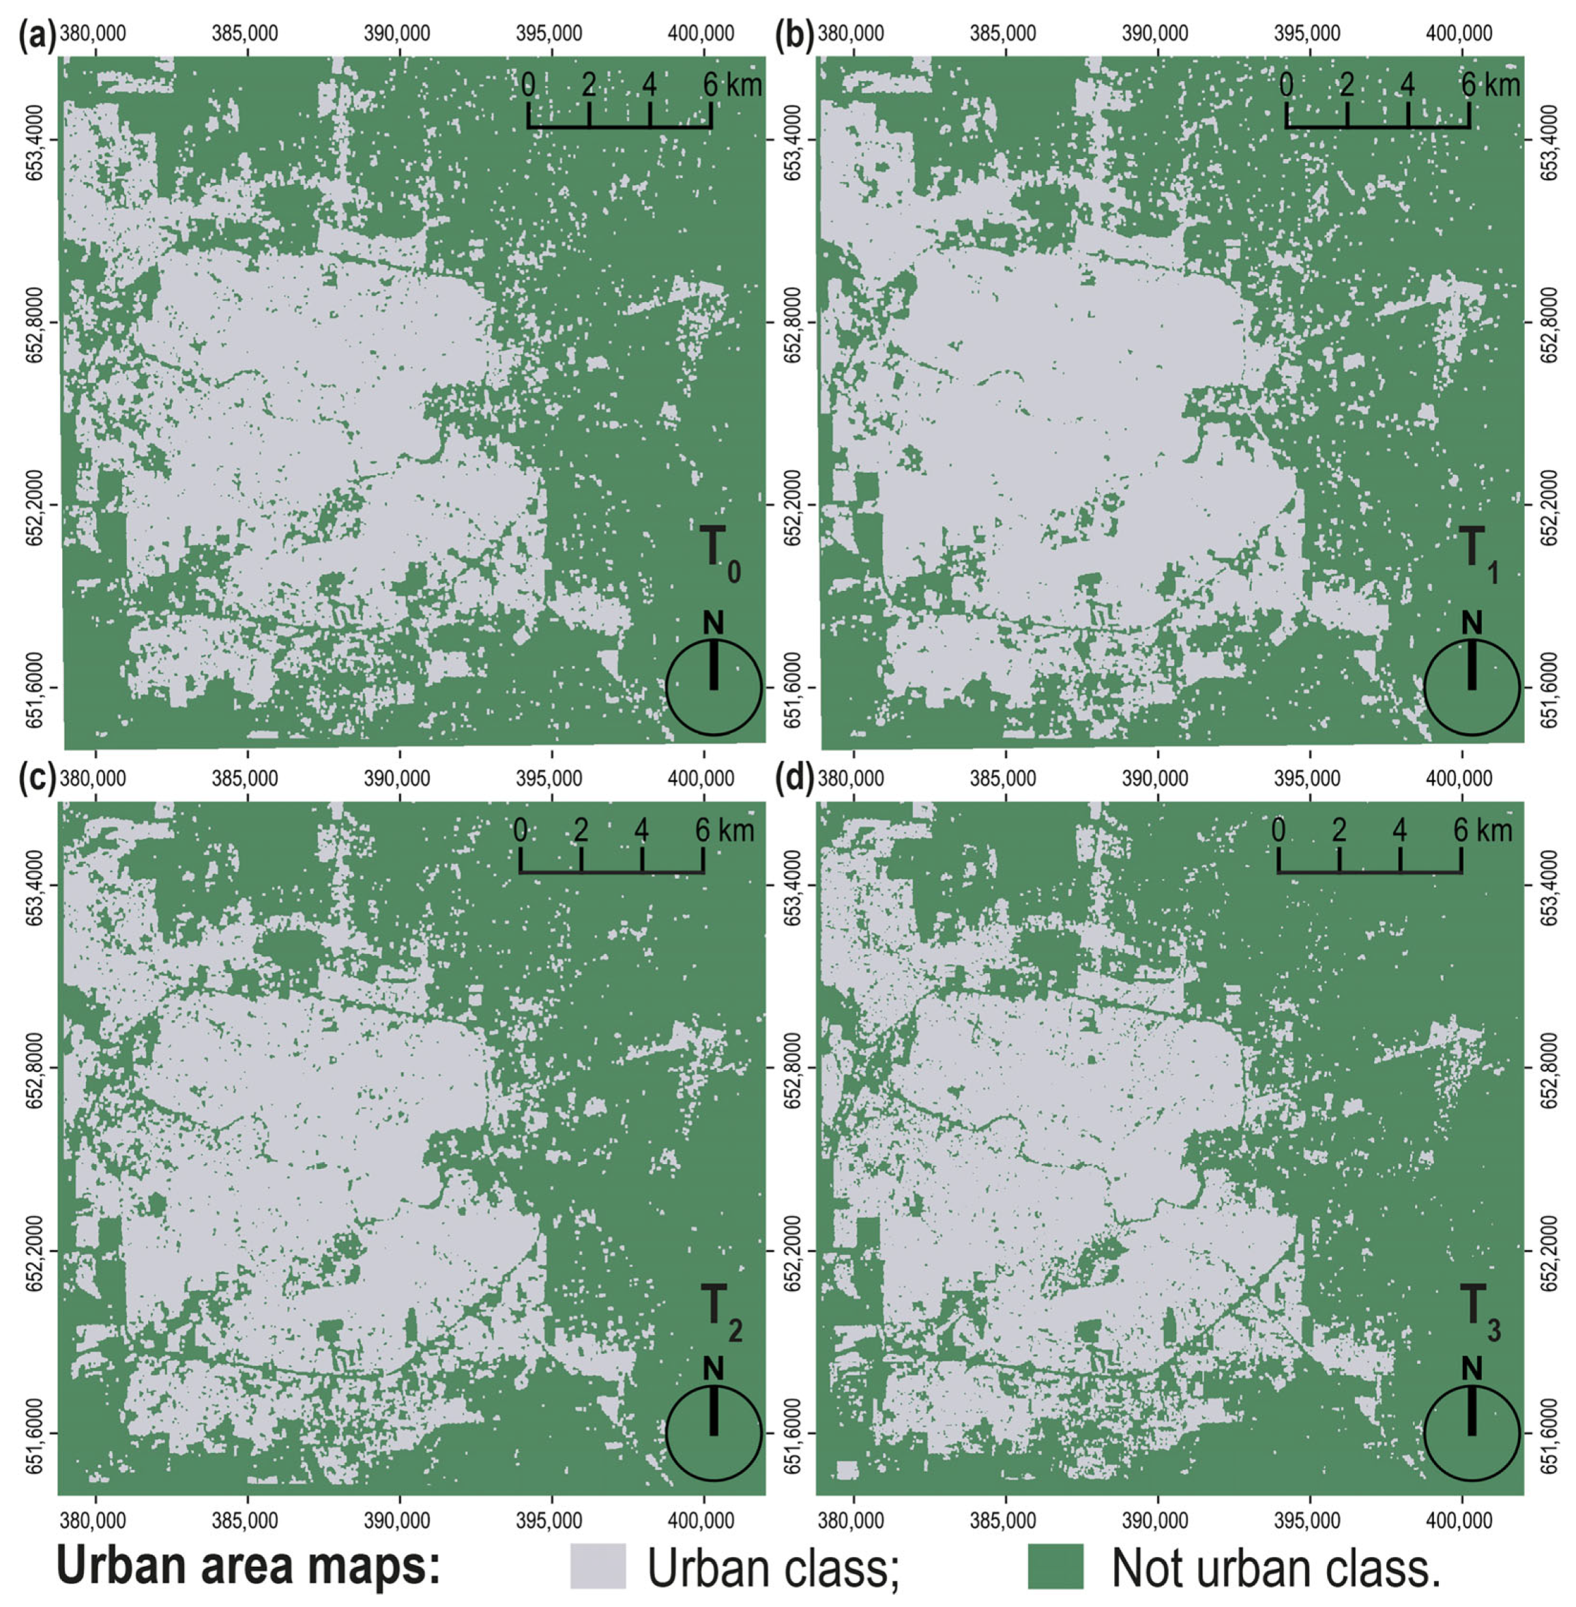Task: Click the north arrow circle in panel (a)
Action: pyautogui.click(x=714, y=686)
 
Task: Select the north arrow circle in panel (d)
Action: pyautogui.click(x=1472, y=1432)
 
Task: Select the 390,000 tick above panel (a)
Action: pyautogui.click(x=400, y=35)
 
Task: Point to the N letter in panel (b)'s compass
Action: pyautogui.click(x=1472, y=622)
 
